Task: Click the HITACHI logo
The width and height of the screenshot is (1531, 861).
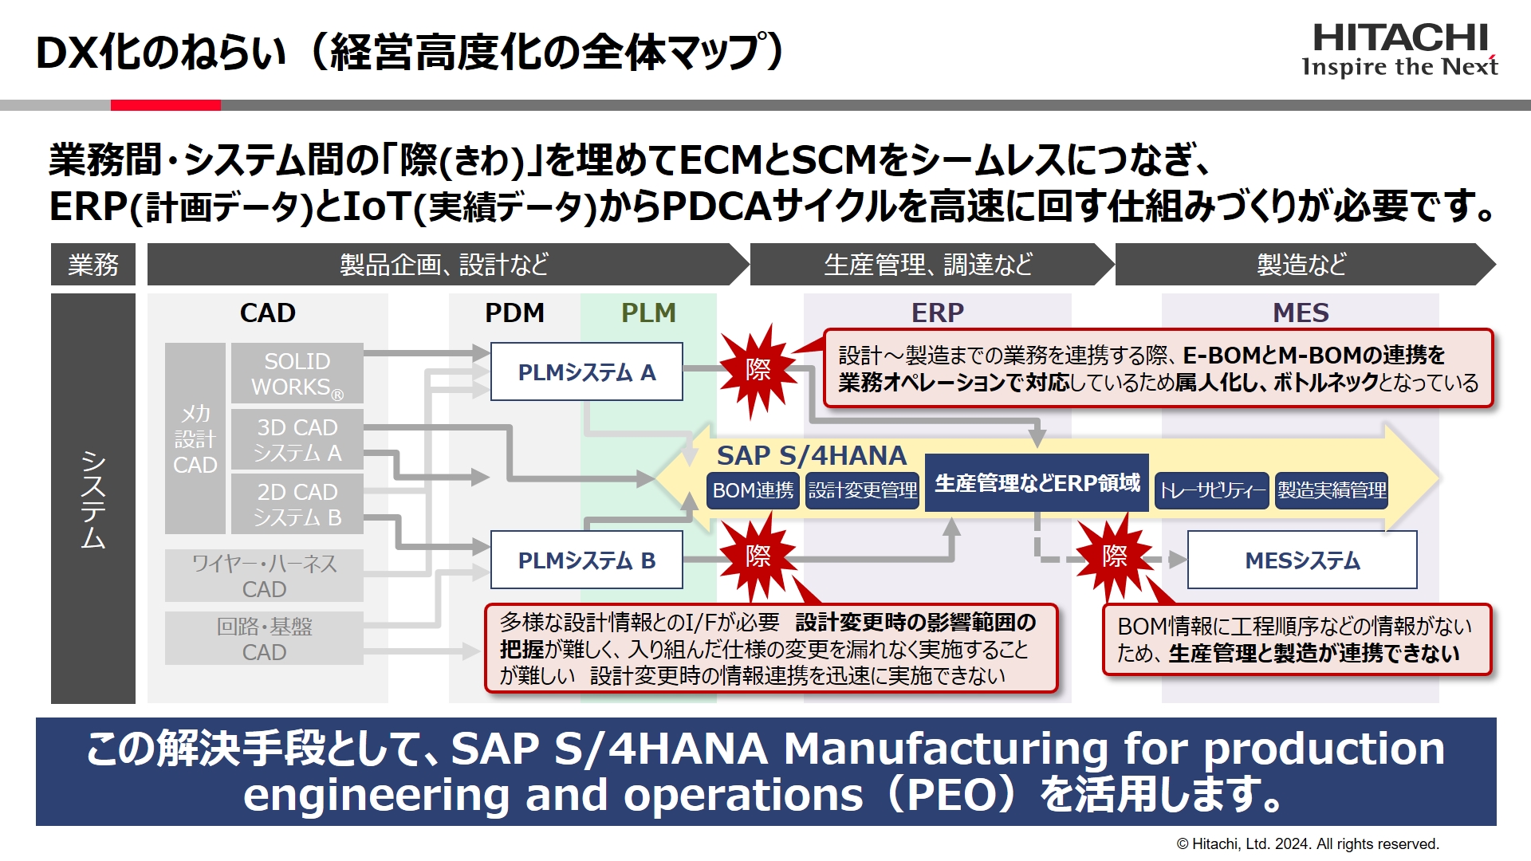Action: pyautogui.click(x=1399, y=49)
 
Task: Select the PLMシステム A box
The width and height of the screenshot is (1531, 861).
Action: pyautogui.click(x=586, y=372)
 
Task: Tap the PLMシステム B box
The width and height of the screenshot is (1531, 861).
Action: pyautogui.click(x=586, y=560)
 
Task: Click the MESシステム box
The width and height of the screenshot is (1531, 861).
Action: pyautogui.click(x=1301, y=560)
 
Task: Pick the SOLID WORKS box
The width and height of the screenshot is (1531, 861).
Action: pyautogui.click(x=297, y=373)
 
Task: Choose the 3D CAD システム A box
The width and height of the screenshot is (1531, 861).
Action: pyautogui.click(x=297, y=439)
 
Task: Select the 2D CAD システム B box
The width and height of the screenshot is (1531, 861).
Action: pyautogui.click(x=297, y=504)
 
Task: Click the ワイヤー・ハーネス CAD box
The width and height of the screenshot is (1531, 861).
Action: pyautogui.click(x=264, y=576)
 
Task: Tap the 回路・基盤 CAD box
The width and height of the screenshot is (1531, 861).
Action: pyautogui.click(x=264, y=639)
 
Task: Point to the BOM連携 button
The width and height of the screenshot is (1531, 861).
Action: pyautogui.click(x=753, y=490)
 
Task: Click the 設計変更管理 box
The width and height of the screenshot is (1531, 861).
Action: pyautogui.click(x=862, y=490)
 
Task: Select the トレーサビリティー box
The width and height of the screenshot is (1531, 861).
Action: pyautogui.click(x=1211, y=490)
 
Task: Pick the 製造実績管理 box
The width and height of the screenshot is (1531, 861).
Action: pyautogui.click(x=1331, y=490)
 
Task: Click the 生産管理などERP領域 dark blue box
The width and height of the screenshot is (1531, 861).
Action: pyautogui.click(x=1037, y=482)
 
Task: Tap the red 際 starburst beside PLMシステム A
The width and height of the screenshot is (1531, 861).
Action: pyautogui.click(x=758, y=370)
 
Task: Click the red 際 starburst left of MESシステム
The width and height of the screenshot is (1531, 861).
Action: pyautogui.click(x=1114, y=556)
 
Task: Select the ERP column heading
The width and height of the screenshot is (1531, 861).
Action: pyautogui.click(x=937, y=313)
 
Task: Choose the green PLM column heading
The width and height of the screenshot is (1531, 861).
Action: pyautogui.click(x=648, y=313)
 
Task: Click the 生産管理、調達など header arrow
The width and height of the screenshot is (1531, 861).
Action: pyautogui.click(x=928, y=264)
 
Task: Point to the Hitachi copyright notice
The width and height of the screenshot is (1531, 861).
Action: pyautogui.click(x=1308, y=843)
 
